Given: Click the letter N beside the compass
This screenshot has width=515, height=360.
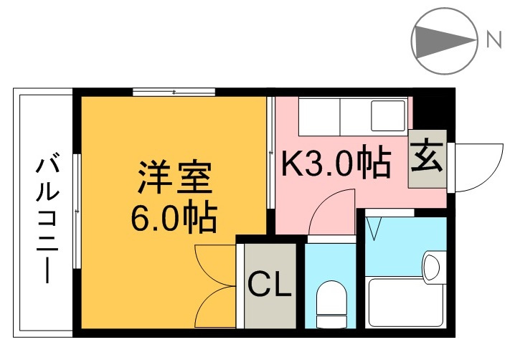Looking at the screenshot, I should click(x=494, y=40).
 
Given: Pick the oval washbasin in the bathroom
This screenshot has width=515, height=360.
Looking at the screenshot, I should click(x=431, y=267).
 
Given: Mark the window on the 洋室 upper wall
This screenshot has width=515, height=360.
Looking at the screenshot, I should click(x=174, y=92).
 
